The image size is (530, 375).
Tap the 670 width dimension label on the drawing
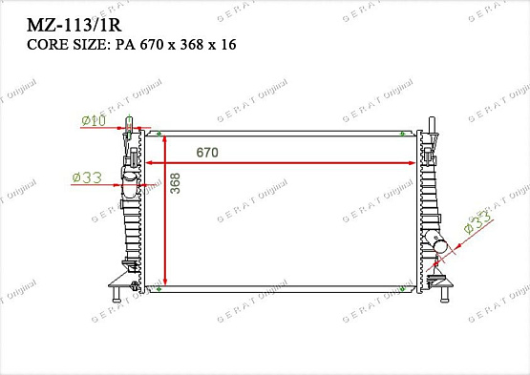(x=209, y=153)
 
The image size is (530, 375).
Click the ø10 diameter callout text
(x=94, y=119)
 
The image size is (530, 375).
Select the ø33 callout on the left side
(x=87, y=177)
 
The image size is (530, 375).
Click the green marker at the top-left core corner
(x=159, y=133)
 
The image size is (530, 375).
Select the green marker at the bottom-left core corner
(x=159, y=286)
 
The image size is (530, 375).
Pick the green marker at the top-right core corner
(x=414, y=133)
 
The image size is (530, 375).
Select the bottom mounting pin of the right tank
(x=441, y=296)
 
